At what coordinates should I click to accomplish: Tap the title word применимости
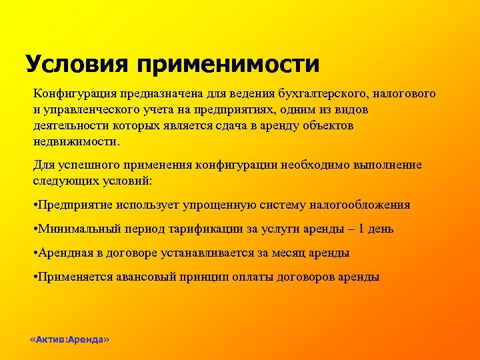pos(229,65)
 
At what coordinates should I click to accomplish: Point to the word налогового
pos(405,94)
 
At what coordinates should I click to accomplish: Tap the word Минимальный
pos(76,229)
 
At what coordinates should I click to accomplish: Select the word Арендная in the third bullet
pos(64,253)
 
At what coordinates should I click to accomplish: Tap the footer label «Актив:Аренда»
pos(70,339)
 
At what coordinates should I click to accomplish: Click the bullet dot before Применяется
pos(35,277)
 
